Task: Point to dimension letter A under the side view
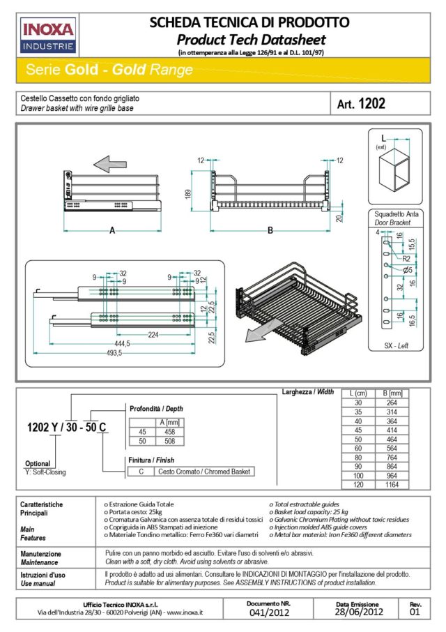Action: pos(112,231)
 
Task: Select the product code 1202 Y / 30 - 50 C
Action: pos(67,428)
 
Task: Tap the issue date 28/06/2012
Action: pos(359,613)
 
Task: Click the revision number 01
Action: pos(415,613)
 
